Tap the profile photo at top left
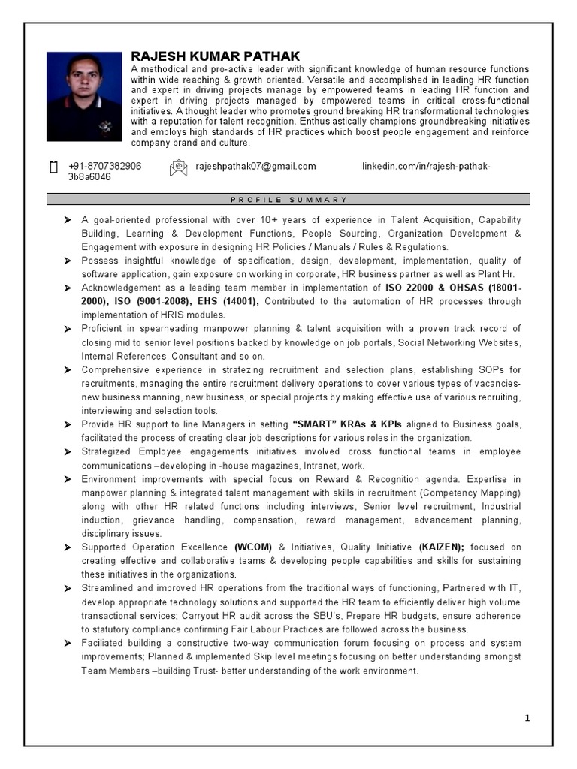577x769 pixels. (x=84, y=97)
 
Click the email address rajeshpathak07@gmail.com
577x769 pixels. (x=256, y=166)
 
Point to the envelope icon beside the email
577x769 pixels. (x=178, y=167)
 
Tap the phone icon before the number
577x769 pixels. (x=53, y=167)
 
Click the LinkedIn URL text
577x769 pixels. (x=426, y=166)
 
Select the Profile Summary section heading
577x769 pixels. (x=288, y=200)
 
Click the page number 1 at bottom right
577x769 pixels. (x=527, y=718)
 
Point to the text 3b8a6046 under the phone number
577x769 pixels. (x=89, y=177)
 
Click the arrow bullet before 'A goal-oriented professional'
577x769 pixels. (x=68, y=220)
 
